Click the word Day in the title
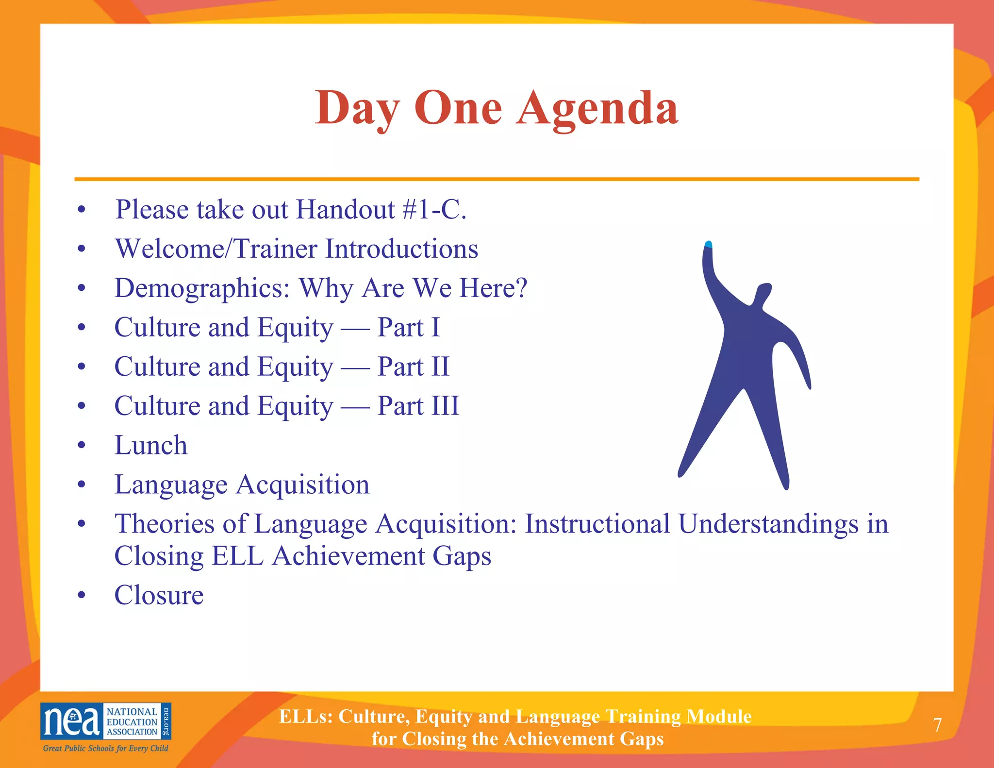tap(358, 108)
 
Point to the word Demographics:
tap(202, 288)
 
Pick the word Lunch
tap(151, 445)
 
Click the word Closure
tap(159, 595)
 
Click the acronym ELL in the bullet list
tap(237, 556)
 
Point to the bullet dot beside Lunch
tap(82, 445)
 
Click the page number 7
tap(937, 725)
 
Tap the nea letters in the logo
tap(71, 722)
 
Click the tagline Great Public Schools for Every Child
tap(105, 748)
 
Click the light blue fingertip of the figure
tap(708, 244)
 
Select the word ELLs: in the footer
tap(306, 717)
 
